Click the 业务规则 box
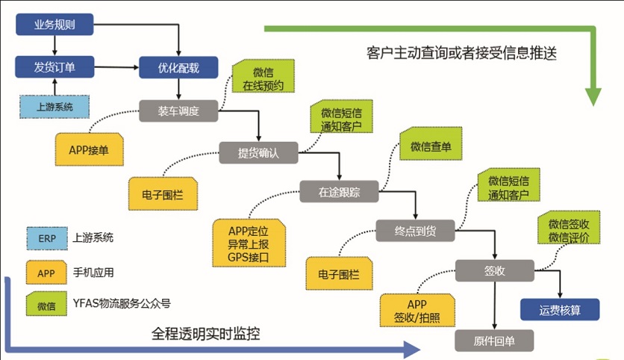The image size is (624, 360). tap(54, 25)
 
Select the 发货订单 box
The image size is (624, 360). tap(54, 67)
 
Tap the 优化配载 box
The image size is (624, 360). tap(178, 67)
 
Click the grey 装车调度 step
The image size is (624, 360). tap(178, 111)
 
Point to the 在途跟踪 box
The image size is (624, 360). tap(339, 191)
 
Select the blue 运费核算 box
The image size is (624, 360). tap(560, 309)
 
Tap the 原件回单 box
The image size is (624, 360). tap(495, 341)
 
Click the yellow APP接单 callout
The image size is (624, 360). tap(89, 149)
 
